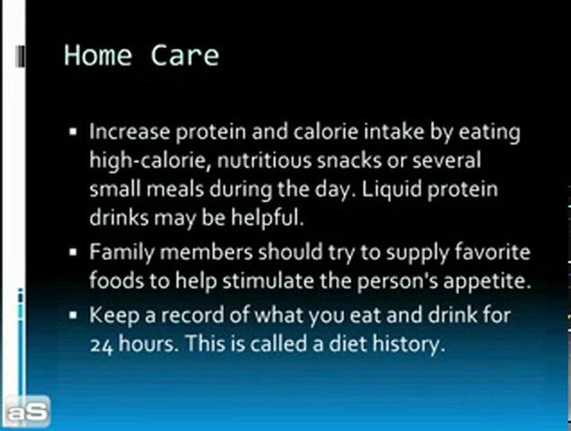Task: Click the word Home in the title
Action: [98, 55]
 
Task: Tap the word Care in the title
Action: [185, 55]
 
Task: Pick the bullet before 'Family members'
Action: [74, 253]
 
